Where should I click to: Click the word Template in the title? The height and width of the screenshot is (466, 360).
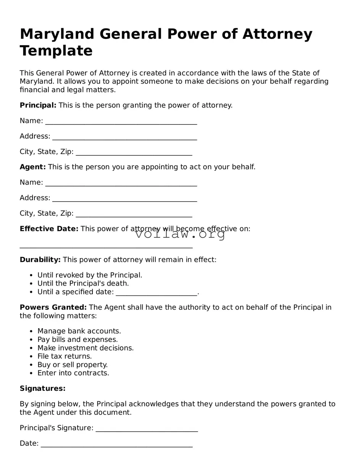[x=56, y=51]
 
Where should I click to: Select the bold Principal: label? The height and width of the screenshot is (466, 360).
[x=38, y=105]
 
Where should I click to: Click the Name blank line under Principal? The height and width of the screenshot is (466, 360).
[x=121, y=122]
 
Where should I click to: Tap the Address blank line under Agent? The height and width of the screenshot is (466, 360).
[x=124, y=199]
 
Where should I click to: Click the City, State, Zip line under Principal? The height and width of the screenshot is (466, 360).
[x=134, y=153]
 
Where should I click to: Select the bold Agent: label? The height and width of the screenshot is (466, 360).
[x=32, y=167]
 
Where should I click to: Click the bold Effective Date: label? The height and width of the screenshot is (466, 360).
[x=49, y=229]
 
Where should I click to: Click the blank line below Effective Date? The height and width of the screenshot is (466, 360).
[x=106, y=246]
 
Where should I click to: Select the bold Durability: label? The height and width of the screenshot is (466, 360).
[x=40, y=260]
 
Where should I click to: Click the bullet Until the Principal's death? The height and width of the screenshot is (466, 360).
[x=83, y=283]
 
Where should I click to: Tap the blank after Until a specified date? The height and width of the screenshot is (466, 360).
[x=156, y=293]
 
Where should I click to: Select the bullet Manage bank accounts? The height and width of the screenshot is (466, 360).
[x=79, y=331]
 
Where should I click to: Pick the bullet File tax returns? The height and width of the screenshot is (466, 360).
[x=65, y=356]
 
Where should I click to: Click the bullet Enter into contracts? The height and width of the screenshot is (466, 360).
[x=73, y=373]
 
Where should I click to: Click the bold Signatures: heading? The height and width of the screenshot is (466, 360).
[x=42, y=388]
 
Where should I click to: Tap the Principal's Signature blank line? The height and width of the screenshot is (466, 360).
[x=147, y=429]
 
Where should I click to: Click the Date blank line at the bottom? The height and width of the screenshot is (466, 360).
[x=116, y=444]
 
